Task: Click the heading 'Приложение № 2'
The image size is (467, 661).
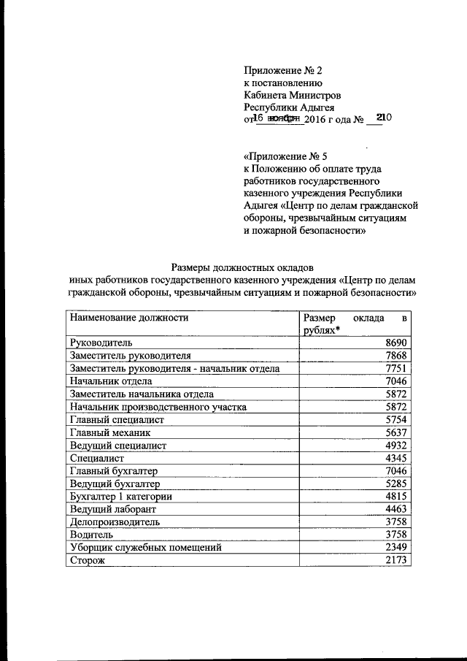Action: pos(282,71)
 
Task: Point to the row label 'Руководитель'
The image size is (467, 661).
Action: pos(101,342)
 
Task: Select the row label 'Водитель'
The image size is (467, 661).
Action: pos(91,535)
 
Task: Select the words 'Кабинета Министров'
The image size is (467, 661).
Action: pos(291,94)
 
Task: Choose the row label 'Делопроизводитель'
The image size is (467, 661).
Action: pos(115,522)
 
